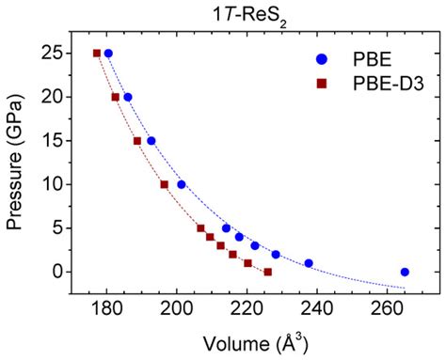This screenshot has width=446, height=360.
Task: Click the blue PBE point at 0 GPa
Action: pos(405,272)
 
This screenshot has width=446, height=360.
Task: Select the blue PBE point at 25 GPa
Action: pos(108,54)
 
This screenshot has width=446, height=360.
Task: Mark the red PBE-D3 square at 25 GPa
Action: pos(97,54)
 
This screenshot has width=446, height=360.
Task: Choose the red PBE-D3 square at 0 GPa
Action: pos(268,272)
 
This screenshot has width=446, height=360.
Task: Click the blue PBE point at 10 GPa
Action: pos(182,184)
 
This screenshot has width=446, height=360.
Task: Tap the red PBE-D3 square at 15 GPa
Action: pos(137,141)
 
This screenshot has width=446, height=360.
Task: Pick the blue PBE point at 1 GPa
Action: pos(309,263)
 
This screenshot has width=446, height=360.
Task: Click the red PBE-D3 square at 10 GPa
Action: pos(165,184)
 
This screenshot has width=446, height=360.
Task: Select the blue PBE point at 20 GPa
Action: pos(128,97)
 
